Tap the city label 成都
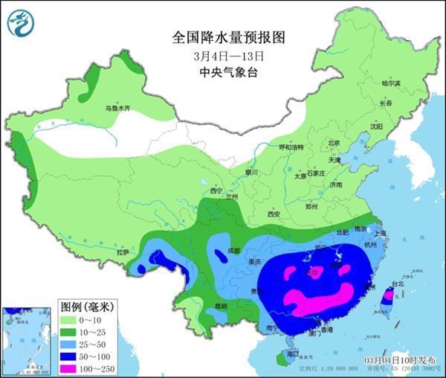coord(236,251)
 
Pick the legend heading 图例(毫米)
coord(86,306)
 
